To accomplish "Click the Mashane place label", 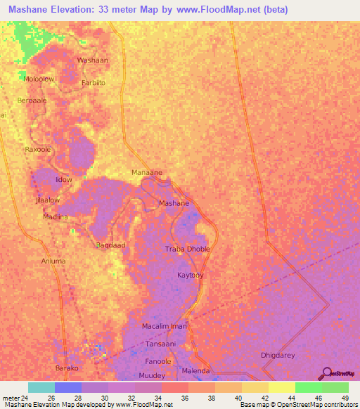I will point(174,203).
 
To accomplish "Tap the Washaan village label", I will point(93,60).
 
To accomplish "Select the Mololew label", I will point(39,79).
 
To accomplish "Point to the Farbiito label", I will point(94,82).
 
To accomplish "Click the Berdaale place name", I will point(32,100).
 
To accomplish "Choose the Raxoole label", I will point(39,150).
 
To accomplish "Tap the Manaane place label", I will point(147,172).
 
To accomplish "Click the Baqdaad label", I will point(110,245).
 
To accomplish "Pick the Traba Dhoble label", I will point(187,249).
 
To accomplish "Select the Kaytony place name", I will point(191,275).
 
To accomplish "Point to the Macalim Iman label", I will point(164,327).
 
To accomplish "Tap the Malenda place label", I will point(196,370).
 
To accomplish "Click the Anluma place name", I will point(53,261).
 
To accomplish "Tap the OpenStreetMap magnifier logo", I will point(326,374).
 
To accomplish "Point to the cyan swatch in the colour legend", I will point(41,387).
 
